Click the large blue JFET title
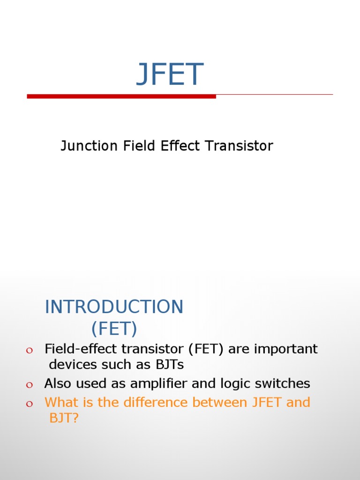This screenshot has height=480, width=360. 170,75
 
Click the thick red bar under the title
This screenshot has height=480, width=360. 121,97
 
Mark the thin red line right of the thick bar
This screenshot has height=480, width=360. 274,95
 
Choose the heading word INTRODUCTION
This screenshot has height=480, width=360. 114,307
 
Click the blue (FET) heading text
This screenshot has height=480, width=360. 114,329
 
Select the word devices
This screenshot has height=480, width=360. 73,364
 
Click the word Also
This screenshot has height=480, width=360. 58,384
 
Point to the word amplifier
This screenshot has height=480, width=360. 159,384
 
